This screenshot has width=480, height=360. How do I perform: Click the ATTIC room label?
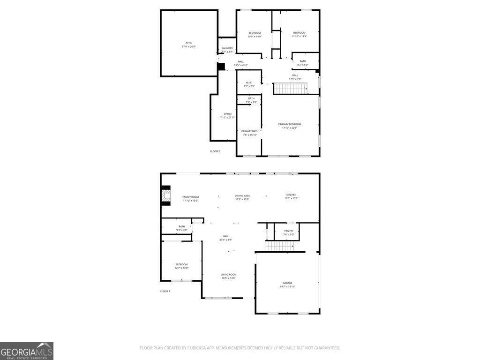click(x=188, y=43)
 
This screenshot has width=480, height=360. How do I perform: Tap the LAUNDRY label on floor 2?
click(x=227, y=48)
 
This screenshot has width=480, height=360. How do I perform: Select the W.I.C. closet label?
click(x=249, y=83)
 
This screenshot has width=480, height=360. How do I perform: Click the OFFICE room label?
click(x=228, y=114)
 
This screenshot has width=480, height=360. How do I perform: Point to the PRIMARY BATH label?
click(x=249, y=131)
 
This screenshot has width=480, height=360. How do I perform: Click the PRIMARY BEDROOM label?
click(x=290, y=124)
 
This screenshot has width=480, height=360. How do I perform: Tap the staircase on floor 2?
click(x=290, y=88)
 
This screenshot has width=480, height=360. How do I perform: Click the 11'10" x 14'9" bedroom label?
click(x=299, y=33)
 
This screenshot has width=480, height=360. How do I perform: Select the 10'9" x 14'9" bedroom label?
click(x=255, y=33)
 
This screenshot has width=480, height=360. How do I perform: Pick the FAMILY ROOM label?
click(x=191, y=197)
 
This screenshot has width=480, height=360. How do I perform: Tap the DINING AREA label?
click(x=242, y=195)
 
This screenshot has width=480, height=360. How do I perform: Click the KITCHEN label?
click(x=291, y=195)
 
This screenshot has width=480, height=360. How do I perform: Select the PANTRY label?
click(x=289, y=231)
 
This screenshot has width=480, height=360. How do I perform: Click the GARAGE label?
click(x=287, y=283)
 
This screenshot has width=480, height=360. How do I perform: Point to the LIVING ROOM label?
click(x=229, y=275)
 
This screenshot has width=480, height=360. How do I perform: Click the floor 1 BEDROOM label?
click(x=181, y=264)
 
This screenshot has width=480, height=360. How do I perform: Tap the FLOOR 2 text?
click(x=215, y=151)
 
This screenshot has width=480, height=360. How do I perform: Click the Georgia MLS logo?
click(x=27, y=351)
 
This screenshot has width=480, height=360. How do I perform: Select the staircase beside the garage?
click(x=279, y=246)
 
